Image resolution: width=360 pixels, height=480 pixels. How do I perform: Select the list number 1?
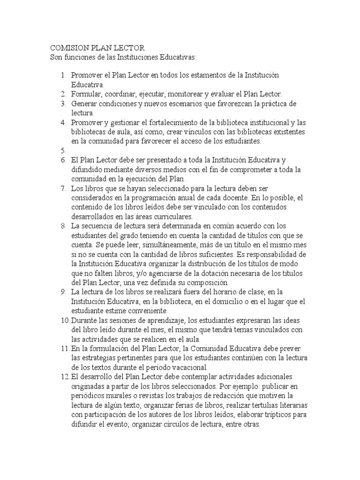pyautogui.click(x=63, y=75)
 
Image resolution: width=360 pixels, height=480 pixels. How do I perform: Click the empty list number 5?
pyautogui.click(x=62, y=150)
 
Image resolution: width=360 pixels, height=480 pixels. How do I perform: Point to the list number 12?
pyautogui.click(x=64, y=376)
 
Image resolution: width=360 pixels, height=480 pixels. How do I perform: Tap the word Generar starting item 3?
pyautogui.click(x=85, y=103)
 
